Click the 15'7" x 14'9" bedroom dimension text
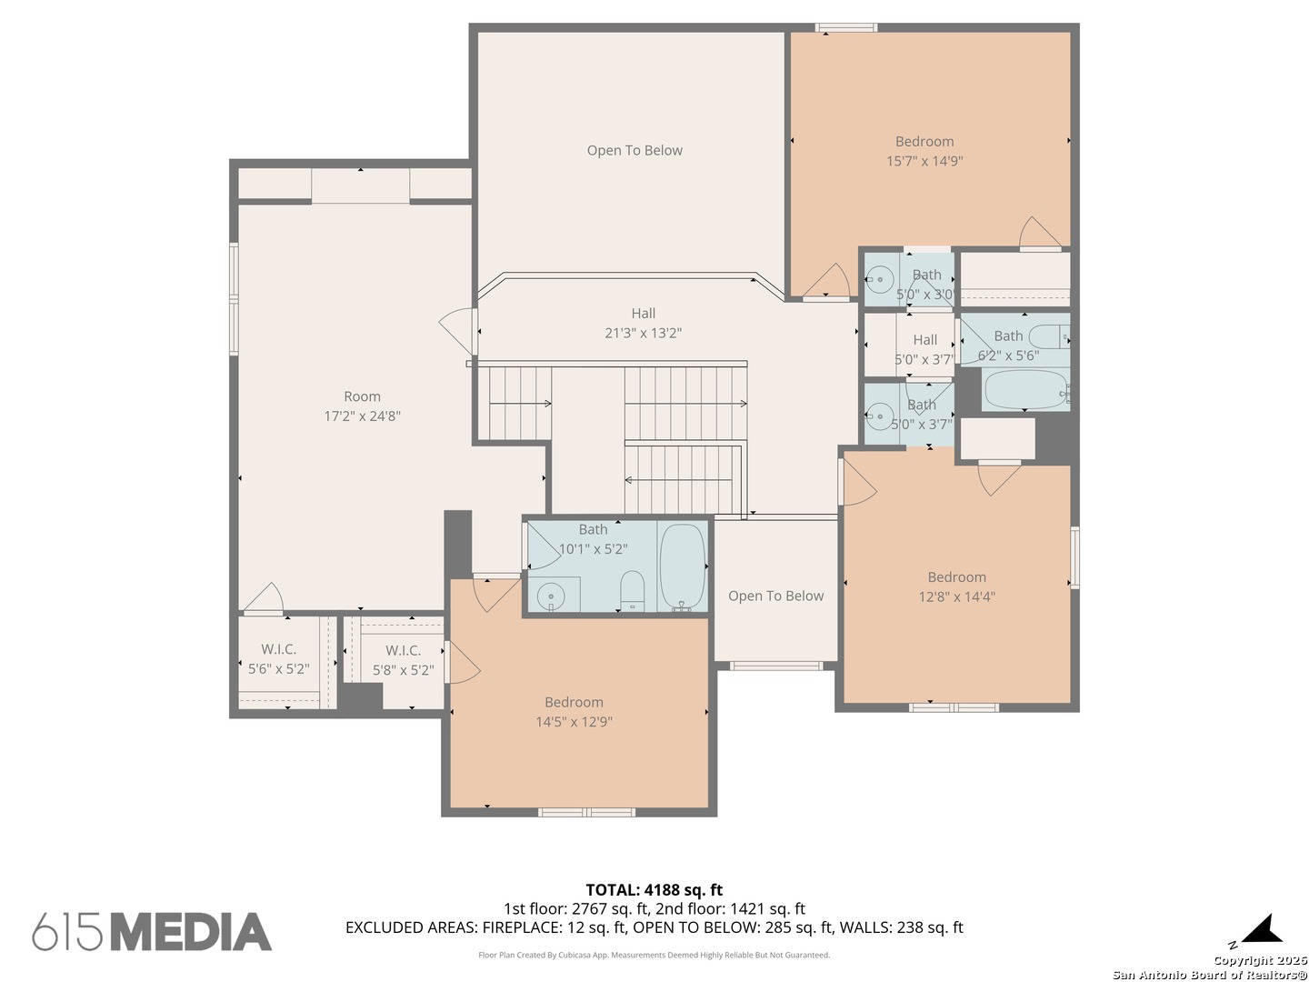coord(924,161)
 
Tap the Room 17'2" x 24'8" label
coord(362,406)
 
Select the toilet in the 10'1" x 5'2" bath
coord(632,591)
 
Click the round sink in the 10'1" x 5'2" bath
coord(551,596)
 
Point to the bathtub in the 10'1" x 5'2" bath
coord(683,567)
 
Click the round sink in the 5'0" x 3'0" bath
coord(879,279)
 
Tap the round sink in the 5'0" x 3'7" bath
coord(879,415)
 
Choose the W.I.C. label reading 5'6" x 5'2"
coord(278,659)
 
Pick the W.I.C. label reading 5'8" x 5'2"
coord(403,660)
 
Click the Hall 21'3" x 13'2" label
coord(643,323)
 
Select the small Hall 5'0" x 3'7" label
coord(924,349)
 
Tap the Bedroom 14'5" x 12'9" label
coord(574,712)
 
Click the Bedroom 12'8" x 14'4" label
coord(956,586)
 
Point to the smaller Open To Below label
coord(775,596)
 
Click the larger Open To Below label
coord(635,150)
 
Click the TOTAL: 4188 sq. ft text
coord(654,890)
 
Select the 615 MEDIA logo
coord(152,931)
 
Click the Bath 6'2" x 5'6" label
coord(1008,346)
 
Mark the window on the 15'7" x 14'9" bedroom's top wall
coord(845,27)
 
